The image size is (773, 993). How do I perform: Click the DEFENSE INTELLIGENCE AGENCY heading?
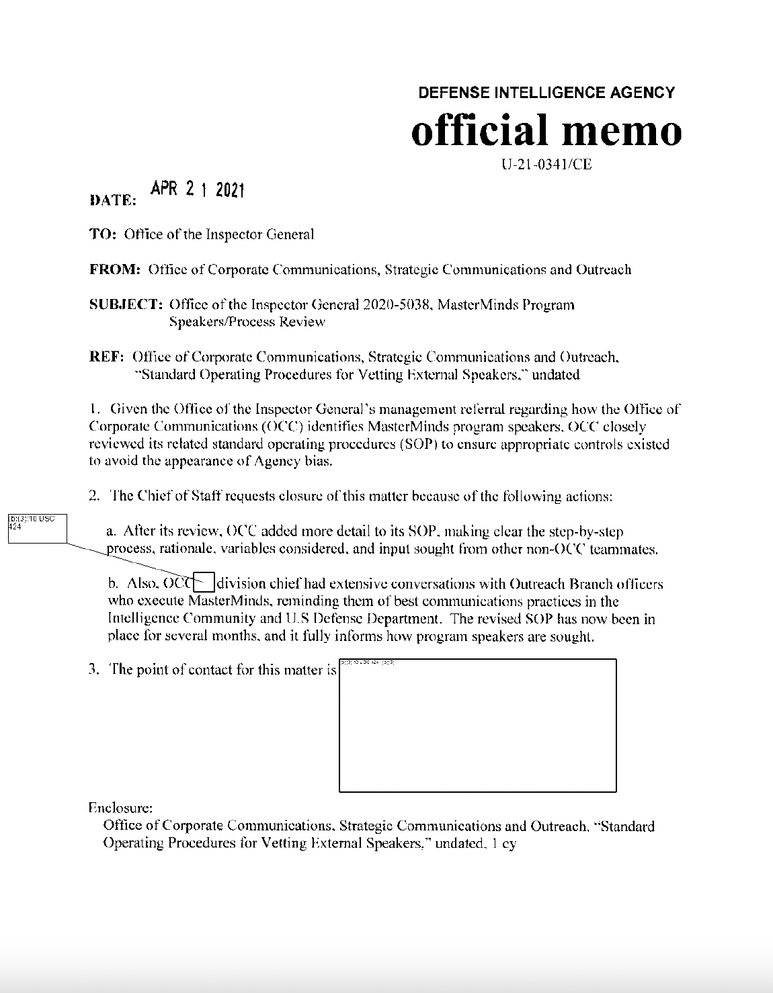(546, 93)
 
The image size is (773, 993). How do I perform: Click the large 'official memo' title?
(546, 130)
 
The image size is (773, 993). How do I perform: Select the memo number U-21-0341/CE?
(546, 165)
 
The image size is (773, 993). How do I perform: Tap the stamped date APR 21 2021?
(197, 190)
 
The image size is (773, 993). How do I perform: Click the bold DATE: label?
(113, 200)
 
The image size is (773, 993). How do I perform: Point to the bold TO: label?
(104, 234)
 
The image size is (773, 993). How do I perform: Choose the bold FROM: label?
(114, 270)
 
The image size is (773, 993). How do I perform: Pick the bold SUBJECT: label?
(126, 305)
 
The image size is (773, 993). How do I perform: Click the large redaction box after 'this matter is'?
(477, 726)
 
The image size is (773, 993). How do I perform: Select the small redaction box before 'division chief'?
(204, 583)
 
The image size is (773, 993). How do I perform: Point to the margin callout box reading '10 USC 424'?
(36, 527)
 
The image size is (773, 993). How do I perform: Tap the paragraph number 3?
(93, 670)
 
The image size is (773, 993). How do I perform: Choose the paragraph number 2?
(93, 496)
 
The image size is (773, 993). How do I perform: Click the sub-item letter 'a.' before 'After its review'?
(112, 531)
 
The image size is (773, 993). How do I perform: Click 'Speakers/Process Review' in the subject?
(247, 322)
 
